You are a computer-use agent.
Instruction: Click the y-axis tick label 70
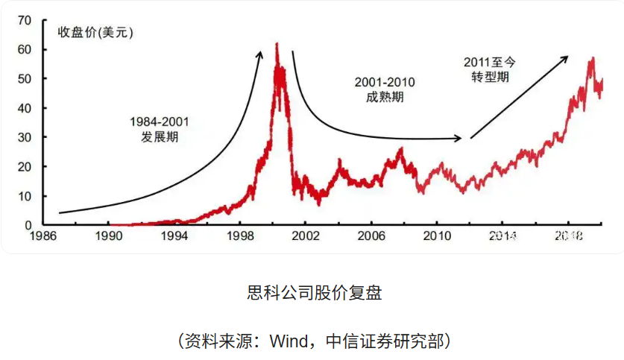tap(25, 21)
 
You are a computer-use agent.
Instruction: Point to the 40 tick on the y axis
tap(25, 108)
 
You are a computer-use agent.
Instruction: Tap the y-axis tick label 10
tap(25, 196)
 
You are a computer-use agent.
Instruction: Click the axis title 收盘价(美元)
tap(97, 31)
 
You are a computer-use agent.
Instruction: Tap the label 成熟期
tap(385, 97)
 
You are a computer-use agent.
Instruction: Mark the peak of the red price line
tap(277, 44)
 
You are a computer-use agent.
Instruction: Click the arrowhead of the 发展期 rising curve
tap(260, 52)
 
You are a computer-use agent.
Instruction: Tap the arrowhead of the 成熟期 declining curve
tap(459, 138)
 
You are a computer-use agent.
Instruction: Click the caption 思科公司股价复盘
tap(314, 293)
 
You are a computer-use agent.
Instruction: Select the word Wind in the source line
tap(289, 341)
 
